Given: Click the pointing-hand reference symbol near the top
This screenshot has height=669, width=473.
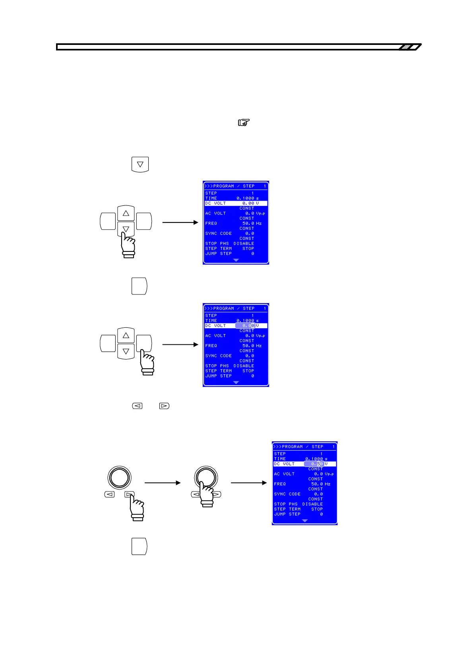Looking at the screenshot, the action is click(x=244, y=123).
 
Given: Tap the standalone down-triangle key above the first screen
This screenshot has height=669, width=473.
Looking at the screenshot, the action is click(x=140, y=164).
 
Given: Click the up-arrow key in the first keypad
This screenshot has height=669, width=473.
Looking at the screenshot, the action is click(x=126, y=213).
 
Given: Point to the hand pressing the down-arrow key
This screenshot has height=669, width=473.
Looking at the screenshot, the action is click(x=128, y=245).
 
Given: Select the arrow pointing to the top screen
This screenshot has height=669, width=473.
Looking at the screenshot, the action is click(x=180, y=222).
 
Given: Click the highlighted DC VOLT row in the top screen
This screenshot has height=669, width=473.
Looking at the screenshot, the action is click(x=236, y=203).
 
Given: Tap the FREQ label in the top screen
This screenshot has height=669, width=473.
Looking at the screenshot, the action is click(x=211, y=223).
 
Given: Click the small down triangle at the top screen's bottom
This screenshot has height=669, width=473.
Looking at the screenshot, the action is click(x=236, y=260).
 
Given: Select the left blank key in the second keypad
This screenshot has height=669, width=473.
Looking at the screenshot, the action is click(x=107, y=343).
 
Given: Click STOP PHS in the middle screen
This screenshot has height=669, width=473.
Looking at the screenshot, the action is click(x=217, y=366).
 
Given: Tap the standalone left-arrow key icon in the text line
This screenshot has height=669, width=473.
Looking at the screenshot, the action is click(x=137, y=406).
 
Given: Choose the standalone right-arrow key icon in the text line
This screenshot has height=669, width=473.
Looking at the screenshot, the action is click(x=164, y=406).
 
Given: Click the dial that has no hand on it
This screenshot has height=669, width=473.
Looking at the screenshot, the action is click(x=119, y=478).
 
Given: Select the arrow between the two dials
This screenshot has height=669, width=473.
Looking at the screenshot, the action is click(x=162, y=483).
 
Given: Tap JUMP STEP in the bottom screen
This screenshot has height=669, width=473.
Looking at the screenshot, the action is click(x=287, y=514).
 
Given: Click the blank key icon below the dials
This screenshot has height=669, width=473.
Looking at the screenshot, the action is click(x=140, y=546).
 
